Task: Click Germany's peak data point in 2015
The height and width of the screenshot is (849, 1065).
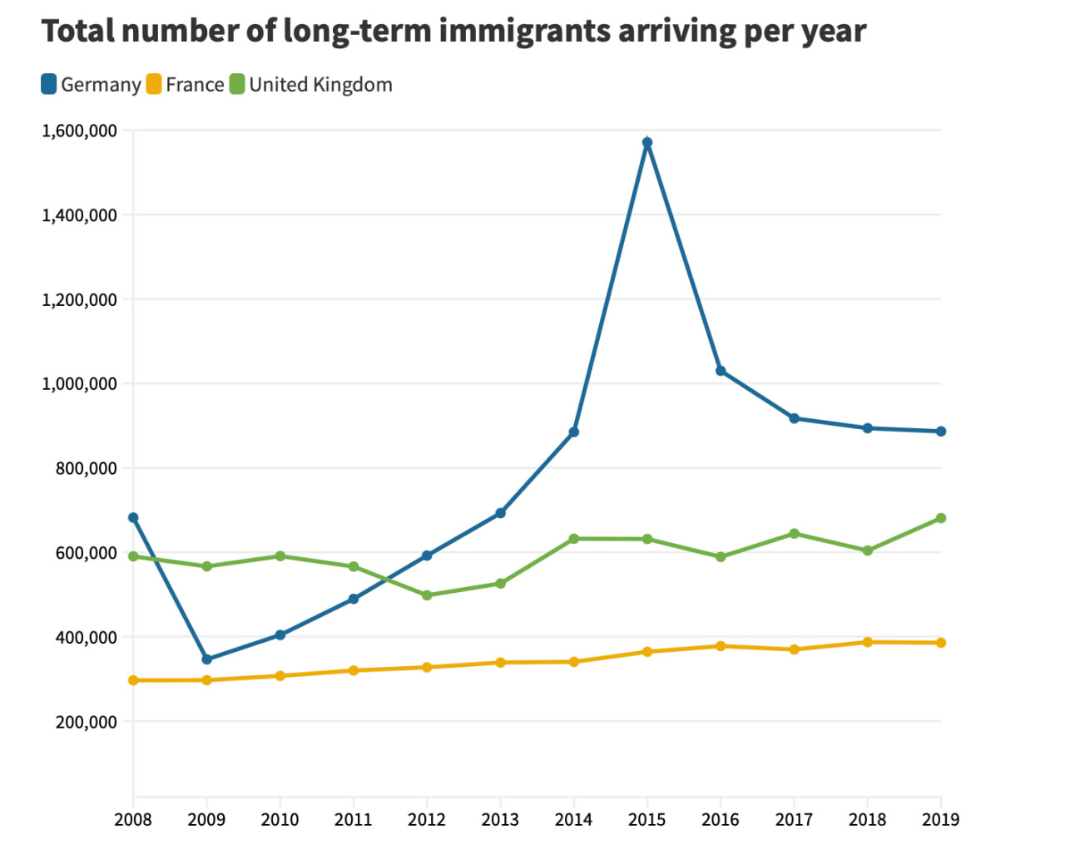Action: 647,143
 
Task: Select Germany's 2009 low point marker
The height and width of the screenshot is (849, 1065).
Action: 206,659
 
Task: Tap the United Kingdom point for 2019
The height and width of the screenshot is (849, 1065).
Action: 941,518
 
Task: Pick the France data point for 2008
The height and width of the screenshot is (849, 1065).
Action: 133,680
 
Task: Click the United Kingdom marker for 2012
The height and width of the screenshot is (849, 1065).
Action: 427,595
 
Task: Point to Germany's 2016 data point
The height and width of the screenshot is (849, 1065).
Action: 721,371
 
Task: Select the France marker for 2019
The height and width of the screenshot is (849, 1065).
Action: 941,643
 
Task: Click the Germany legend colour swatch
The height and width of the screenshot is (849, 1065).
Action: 49,84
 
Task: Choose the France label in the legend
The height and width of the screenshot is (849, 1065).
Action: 195,85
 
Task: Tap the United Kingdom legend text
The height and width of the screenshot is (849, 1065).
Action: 320,85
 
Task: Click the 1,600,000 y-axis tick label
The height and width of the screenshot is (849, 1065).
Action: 79,131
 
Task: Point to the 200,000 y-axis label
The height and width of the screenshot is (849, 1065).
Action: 86,722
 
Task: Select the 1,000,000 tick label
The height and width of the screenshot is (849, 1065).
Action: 79,384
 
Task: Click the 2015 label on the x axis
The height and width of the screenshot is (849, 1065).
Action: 647,820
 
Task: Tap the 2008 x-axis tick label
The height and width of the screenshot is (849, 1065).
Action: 133,820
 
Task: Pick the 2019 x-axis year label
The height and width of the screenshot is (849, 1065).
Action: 941,820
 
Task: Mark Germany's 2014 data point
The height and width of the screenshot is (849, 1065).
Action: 574,432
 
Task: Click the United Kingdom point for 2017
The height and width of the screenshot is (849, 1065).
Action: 795,534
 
